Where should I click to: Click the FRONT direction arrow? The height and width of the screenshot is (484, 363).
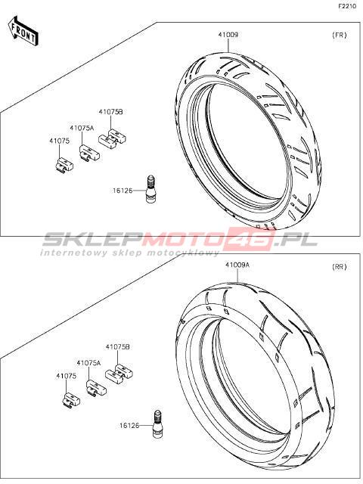(x=23, y=32)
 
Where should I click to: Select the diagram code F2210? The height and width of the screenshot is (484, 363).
(x=347, y=6)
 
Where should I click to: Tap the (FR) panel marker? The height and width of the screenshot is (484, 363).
(x=340, y=35)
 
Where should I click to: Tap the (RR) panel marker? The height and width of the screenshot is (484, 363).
(x=340, y=267)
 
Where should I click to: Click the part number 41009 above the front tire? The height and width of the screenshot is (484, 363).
(x=228, y=35)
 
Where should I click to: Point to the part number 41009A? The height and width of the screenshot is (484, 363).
(x=237, y=265)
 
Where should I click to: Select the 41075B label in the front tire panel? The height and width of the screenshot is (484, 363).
(x=110, y=112)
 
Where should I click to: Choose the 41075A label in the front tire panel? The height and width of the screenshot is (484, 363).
(x=82, y=128)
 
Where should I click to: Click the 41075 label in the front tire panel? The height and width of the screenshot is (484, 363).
(x=59, y=141)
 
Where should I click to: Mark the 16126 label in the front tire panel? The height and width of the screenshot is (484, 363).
(x=123, y=191)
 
